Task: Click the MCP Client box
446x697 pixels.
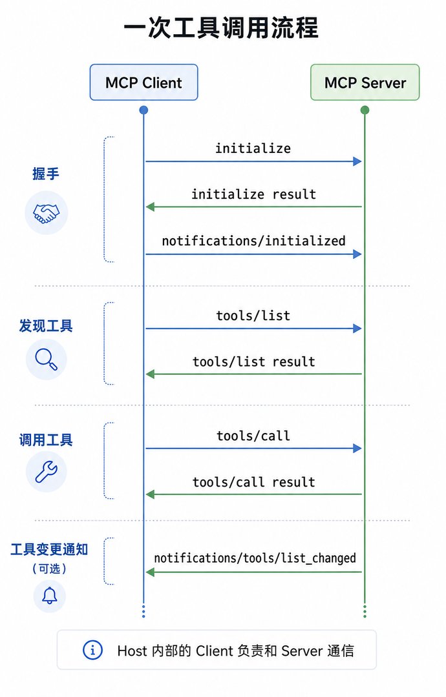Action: click(143, 82)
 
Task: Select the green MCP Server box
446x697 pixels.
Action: click(365, 82)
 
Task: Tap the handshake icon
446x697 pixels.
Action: click(46, 213)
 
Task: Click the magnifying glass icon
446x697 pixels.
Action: click(47, 359)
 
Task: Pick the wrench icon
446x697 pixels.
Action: click(47, 472)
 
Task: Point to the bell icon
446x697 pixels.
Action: click(49, 596)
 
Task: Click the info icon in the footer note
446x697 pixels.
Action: click(92, 651)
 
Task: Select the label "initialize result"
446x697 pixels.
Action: click(254, 194)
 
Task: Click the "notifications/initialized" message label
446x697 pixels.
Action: click(254, 241)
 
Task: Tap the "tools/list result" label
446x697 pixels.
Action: click(254, 362)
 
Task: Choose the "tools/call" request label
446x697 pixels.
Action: click(253, 436)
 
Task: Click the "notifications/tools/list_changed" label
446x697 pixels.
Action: click(255, 558)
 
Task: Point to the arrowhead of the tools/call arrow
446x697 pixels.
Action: click(357, 449)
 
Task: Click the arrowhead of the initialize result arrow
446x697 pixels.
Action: click(150, 207)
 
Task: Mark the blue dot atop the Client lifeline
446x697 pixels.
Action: click(143, 110)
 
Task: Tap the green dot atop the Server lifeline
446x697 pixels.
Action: click(365, 110)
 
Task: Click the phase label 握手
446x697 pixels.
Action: click(46, 174)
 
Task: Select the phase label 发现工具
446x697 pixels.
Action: click(46, 326)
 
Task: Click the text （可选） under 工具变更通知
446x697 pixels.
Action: click(49, 569)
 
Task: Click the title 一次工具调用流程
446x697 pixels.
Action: click(221, 28)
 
